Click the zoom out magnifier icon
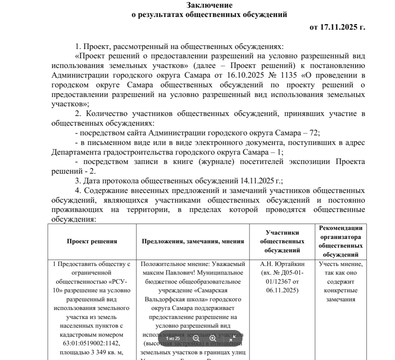196,338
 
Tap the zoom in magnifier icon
213,338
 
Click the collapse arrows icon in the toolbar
232,338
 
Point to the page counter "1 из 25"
173,338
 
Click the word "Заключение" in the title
209,5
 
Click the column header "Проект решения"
92,241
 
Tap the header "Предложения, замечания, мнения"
193,241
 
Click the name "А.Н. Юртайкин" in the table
282,264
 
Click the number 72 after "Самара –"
314,133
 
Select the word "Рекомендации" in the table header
340,228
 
